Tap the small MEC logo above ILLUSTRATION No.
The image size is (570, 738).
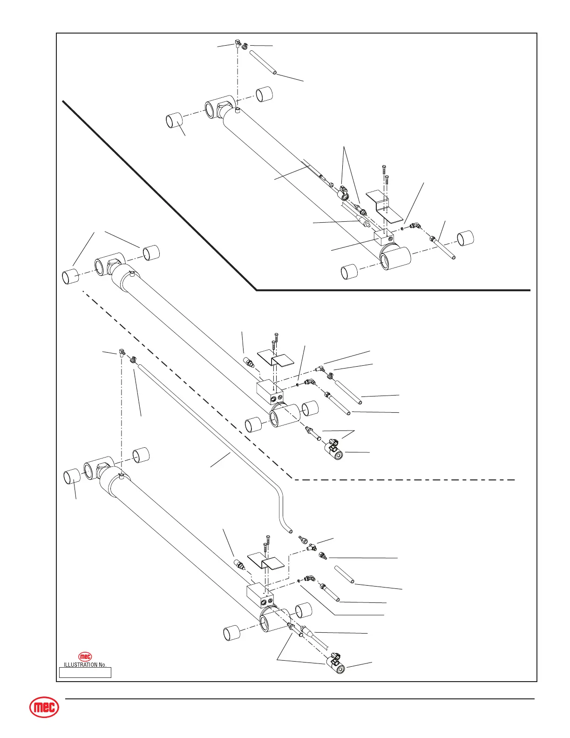[85, 656]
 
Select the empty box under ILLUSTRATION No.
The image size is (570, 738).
[85, 672]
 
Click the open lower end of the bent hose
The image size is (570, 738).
[290, 530]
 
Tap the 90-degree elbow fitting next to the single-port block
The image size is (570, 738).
[414, 226]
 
